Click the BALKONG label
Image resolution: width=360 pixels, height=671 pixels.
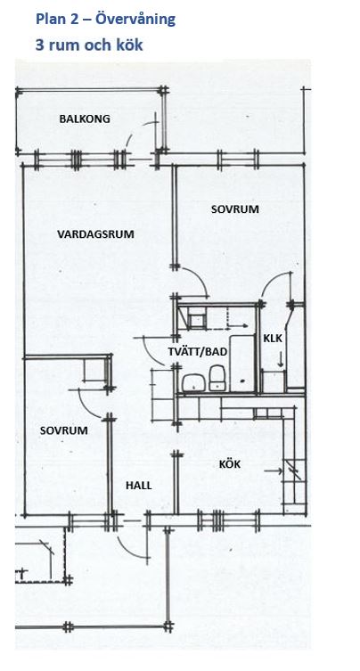pos(85,119)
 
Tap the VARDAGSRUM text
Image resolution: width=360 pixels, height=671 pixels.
pos(95,234)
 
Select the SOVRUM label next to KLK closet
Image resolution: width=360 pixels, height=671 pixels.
pos(235,209)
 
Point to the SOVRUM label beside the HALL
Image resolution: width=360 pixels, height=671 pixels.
pos(64,430)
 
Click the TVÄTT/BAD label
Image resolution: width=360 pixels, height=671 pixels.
pos(197,352)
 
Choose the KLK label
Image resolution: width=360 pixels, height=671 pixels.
pos(273,339)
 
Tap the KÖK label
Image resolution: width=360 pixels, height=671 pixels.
pos(230,464)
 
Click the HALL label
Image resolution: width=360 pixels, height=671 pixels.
pos(139,486)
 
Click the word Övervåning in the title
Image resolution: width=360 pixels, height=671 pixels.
pos(135,20)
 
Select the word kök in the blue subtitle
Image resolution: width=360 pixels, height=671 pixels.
pos(129,45)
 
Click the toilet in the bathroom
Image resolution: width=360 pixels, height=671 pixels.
pos(217,378)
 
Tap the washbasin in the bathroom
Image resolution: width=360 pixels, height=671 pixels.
pos(194,382)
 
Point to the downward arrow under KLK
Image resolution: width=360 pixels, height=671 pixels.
pos(281,359)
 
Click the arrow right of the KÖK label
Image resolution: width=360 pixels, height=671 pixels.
pos(273,471)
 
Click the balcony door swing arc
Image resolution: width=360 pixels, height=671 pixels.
pos(142,128)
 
